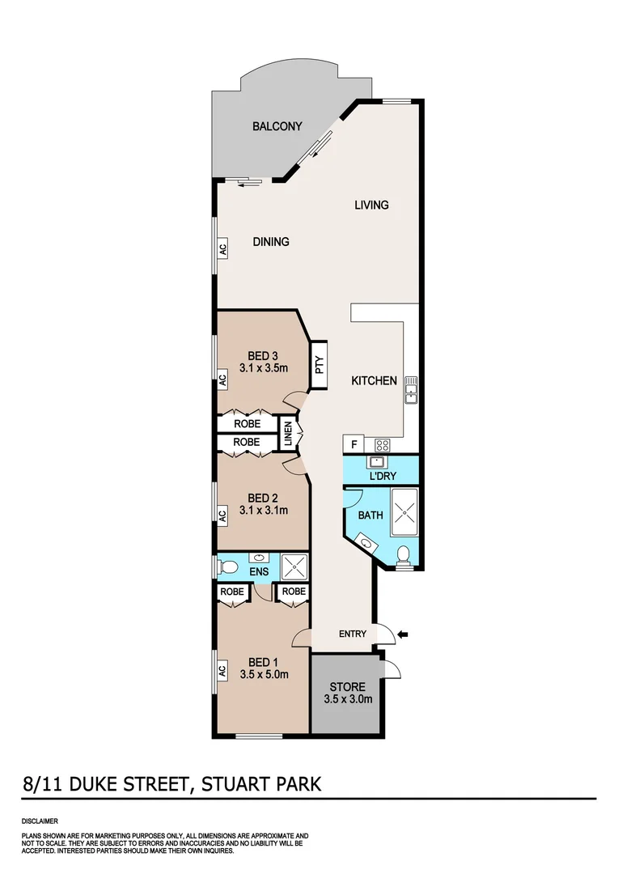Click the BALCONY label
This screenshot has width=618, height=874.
coord(277,126)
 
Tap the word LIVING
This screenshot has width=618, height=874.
coord(371,205)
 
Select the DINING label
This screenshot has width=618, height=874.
coord(271,241)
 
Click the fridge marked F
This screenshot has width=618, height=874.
coord(353,444)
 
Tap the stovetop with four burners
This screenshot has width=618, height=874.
coord(383,444)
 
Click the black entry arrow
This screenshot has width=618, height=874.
coord(404,634)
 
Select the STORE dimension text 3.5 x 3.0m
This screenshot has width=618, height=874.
coord(347,700)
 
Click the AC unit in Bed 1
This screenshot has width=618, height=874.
coord(222,671)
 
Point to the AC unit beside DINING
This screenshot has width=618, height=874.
coord(222,248)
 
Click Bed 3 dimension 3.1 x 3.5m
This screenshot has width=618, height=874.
coord(264,367)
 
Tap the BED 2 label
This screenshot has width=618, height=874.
coord(264,498)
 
